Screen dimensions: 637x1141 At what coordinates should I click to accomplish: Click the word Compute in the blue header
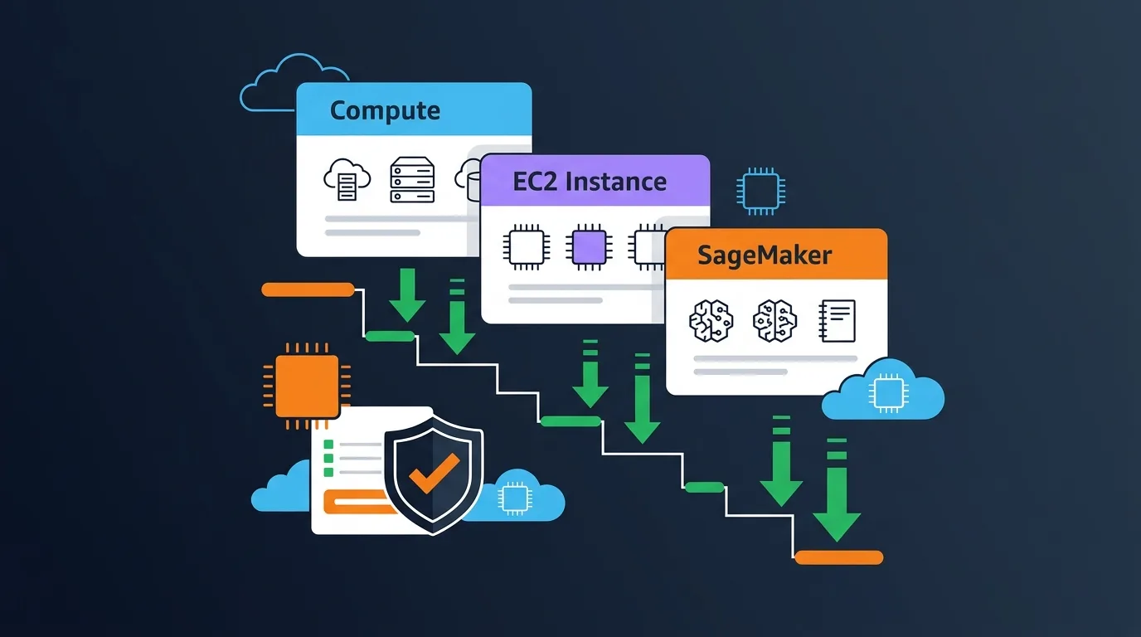pyautogui.click(x=385, y=110)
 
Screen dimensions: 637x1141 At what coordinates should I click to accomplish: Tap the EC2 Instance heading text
pyautogui.click(x=590, y=182)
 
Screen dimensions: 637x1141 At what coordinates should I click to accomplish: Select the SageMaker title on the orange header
pyautogui.click(x=764, y=255)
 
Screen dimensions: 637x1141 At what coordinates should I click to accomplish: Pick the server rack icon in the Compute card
pyautogui.click(x=412, y=180)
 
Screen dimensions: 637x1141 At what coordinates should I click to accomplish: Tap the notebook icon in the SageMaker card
pyautogui.click(x=837, y=321)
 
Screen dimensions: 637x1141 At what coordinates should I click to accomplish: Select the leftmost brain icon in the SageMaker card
pyautogui.click(x=711, y=321)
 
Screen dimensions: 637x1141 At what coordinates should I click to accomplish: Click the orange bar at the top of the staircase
pyautogui.click(x=308, y=289)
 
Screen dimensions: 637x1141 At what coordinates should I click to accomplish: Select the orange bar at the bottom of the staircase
pyautogui.click(x=838, y=557)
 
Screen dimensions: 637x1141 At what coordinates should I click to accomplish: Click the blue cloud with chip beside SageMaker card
pyautogui.click(x=884, y=391)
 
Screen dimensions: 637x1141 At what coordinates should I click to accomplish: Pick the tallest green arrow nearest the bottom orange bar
pyautogui.click(x=837, y=498)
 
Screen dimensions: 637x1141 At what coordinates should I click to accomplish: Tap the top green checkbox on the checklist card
pyautogui.click(x=328, y=444)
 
